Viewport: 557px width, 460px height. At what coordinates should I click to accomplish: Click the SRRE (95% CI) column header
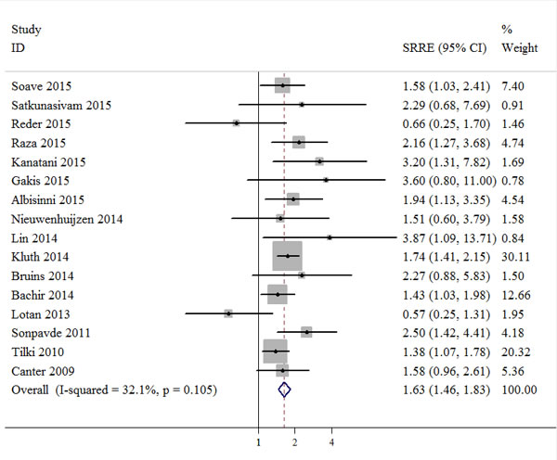click(442, 46)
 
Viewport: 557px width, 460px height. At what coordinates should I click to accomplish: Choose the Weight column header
click(518, 46)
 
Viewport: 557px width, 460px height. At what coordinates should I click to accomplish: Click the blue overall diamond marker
click(285, 390)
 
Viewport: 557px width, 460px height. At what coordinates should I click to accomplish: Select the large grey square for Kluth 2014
click(288, 255)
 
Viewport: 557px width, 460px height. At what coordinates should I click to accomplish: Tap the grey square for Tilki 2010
click(275, 351)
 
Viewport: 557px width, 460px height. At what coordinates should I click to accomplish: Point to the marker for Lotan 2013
click(228, 313)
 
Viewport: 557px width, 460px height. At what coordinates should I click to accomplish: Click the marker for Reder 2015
click(236, 122)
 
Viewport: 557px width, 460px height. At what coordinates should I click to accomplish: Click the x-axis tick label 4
click(331, 442)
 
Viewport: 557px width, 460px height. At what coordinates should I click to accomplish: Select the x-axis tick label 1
click(258, 442)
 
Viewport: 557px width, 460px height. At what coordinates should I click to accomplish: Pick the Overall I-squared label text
click(114, 390)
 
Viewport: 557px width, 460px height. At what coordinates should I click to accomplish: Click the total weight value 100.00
click(518, 390)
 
